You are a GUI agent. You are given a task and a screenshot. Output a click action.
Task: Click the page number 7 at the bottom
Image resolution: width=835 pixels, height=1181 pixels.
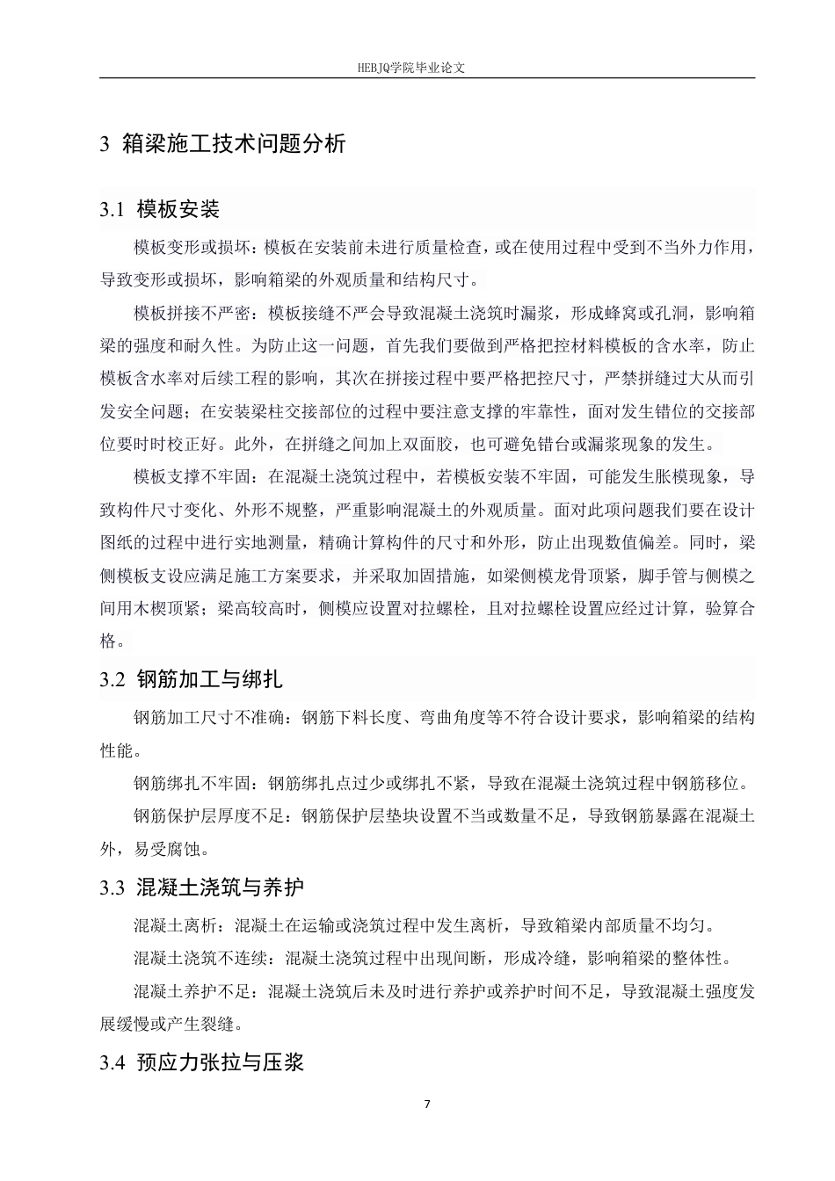coord(427,1105)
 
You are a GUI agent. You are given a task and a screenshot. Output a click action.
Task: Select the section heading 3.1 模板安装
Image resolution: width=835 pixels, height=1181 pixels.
coord(160,209)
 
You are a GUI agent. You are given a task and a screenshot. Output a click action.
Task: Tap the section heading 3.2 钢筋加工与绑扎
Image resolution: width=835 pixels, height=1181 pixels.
coord(192,679)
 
